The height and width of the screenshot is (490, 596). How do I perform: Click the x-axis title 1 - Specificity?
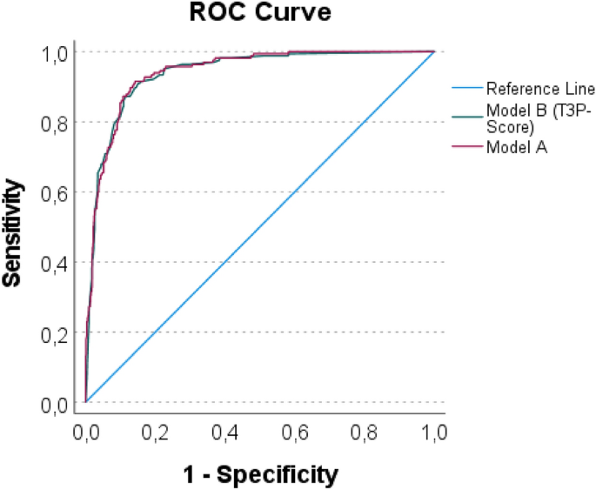click(258, 474)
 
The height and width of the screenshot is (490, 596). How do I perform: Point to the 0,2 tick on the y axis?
click(55, 333)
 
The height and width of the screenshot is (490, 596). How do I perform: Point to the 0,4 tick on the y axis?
click(55, 263)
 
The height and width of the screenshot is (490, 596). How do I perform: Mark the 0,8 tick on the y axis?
click(55, 123)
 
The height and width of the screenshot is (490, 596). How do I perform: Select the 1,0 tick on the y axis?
click(55, 53)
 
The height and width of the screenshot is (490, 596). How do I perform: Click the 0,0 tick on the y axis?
click(55, 404)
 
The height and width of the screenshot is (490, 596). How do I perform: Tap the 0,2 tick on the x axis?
click(156, 432)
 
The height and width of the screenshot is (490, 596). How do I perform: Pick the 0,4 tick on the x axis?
click(225, 432)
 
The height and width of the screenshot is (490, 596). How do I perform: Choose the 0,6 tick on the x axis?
click(295, 432)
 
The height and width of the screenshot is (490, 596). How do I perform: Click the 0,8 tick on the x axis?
click(365, 432)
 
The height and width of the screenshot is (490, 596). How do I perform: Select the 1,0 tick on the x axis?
click(434, 432)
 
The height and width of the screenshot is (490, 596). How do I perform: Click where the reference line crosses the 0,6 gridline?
click(295, 192)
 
